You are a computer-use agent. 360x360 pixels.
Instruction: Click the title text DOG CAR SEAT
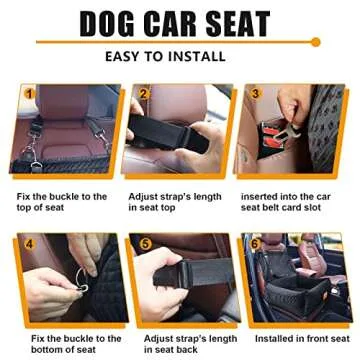179,25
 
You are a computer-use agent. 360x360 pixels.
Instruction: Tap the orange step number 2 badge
144,95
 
